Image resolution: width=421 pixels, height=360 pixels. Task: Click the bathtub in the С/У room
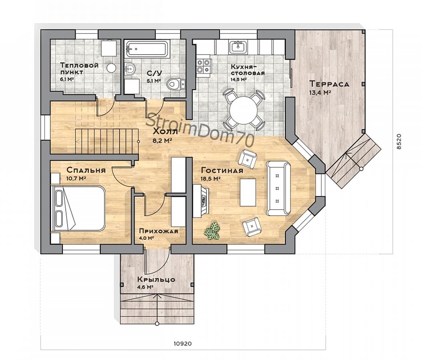(147, 49)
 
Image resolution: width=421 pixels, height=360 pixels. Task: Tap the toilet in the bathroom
(176, 84)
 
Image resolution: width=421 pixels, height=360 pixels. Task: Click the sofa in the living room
(278, 188)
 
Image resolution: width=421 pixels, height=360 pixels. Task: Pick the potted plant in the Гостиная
(212, 231)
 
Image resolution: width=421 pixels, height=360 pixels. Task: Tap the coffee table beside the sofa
(248, 192)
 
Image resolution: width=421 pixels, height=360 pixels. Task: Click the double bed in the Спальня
(78, 208)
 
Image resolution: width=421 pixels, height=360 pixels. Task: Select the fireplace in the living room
(201, 200)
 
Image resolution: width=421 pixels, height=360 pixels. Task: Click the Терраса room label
(329, 84)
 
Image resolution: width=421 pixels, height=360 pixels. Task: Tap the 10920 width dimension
(183, 343)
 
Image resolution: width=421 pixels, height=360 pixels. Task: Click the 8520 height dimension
(399, 142)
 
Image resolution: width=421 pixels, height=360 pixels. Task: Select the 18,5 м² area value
(210, 179)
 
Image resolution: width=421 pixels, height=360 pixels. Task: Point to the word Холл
(165, 132)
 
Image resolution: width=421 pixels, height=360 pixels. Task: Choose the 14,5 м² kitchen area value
(238, 80)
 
